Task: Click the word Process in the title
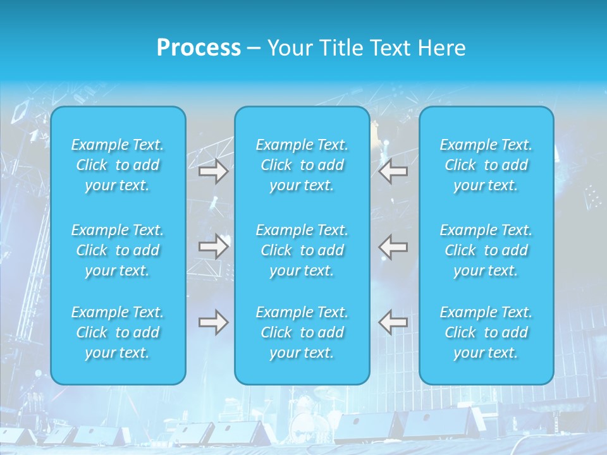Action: (199, 48)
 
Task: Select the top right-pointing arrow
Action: (213, 171)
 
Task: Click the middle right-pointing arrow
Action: (213, 246)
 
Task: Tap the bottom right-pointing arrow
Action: (213, 322)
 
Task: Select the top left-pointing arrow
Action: (393, 171)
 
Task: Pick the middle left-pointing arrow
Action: (393, 246)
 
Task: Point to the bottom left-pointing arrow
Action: (393, 322)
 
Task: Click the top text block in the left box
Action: (118, 165)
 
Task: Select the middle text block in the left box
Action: (118, 250)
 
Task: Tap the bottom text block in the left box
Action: (118, 332)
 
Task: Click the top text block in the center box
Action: (302, 165)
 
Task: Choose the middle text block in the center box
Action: (302, 250)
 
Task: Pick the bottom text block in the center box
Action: (302, 332)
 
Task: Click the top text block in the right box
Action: (486, 165)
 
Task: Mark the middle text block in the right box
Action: (486, 250)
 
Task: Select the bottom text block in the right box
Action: (486, 332)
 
